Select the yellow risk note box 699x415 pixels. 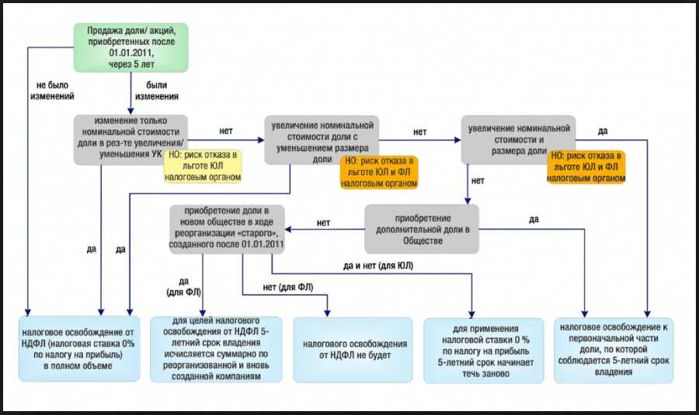coord(203,165)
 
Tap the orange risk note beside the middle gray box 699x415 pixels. coord(378,172)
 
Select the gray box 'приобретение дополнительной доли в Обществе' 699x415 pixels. coord(422,228)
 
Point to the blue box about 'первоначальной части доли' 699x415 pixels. coord(614,349)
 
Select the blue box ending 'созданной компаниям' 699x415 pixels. coord(217,349)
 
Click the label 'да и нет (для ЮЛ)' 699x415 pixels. coord(378,266)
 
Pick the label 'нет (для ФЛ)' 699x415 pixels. coord(288,288)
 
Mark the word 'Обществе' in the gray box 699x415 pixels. coord(422,241)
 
